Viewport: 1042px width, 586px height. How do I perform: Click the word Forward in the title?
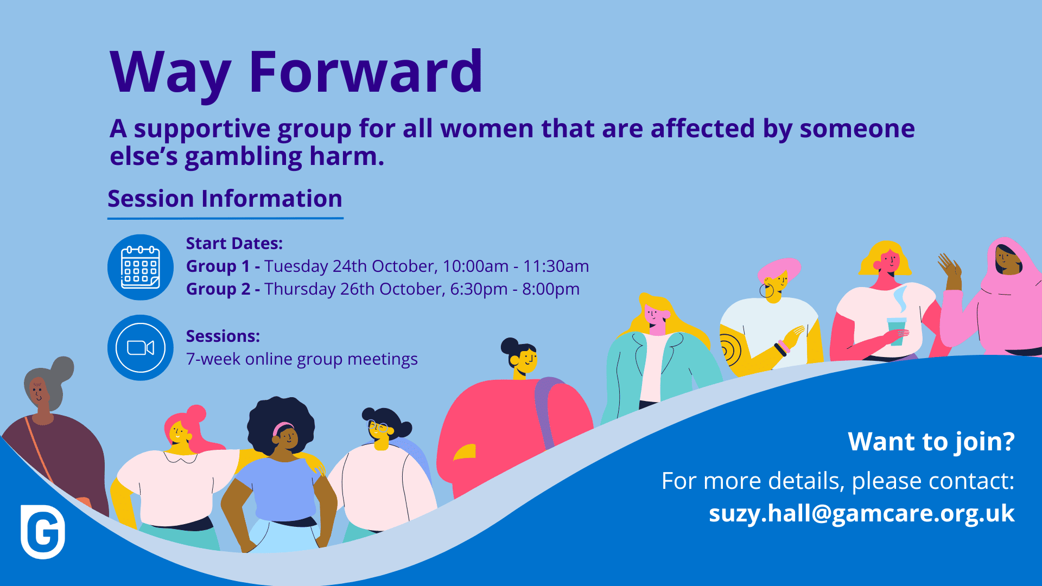click(x=365, y=72)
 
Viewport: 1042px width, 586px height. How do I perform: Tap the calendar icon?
click(x=141, y=267)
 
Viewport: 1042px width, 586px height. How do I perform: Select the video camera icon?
click(x=141, y=348)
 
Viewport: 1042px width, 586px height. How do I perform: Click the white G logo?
click(x=43, y=532)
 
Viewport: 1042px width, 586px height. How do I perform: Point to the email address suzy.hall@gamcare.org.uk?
click(x=862, y=513)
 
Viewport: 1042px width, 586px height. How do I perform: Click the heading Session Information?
click(x=225, y=199)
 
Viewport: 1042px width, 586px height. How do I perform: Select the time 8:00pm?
click(x=551, y=289)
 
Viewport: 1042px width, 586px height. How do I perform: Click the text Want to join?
click(x=931, y=442)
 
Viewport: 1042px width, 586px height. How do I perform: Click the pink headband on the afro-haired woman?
click(x=282, y=427)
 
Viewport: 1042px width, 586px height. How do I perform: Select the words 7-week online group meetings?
click(x=302, y=359)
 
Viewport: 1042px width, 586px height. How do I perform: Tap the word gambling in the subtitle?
click(x=244, y=157)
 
